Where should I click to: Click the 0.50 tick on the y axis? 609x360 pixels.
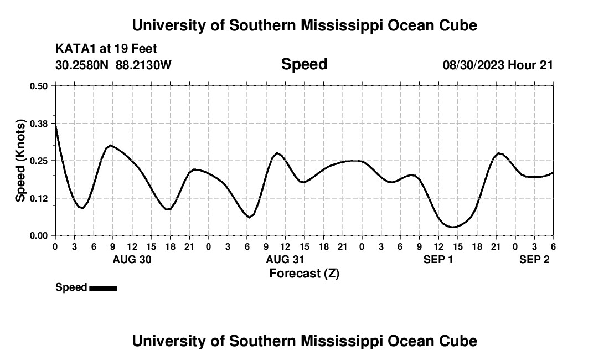39,86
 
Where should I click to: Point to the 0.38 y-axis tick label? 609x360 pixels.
39,123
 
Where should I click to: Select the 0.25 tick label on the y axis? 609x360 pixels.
39,161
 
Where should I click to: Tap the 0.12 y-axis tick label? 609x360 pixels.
39,198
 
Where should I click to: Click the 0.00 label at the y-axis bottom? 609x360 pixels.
39,235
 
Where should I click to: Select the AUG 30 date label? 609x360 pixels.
132,259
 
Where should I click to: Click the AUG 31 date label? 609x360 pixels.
285,259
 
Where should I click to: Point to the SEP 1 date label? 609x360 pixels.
438,259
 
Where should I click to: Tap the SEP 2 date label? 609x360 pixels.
534,259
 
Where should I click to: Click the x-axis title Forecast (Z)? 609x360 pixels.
304,273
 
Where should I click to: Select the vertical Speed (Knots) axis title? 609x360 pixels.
20,161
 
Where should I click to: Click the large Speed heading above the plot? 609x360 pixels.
304,64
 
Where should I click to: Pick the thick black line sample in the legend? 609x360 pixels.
103,288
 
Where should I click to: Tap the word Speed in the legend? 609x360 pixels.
71,287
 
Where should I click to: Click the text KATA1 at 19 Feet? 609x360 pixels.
106,49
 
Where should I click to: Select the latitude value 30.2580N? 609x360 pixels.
82,65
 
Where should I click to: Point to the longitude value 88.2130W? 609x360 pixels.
143,65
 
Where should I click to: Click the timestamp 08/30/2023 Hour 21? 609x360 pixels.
498,65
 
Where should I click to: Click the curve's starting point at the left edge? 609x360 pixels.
55,125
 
